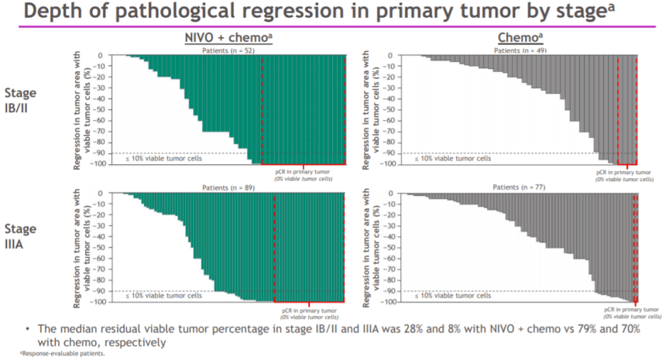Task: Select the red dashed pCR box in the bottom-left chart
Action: (x=310, y=248)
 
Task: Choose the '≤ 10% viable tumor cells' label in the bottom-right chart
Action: (x=452, y=296)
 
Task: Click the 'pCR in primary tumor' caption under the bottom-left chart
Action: (x=309, y=310)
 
